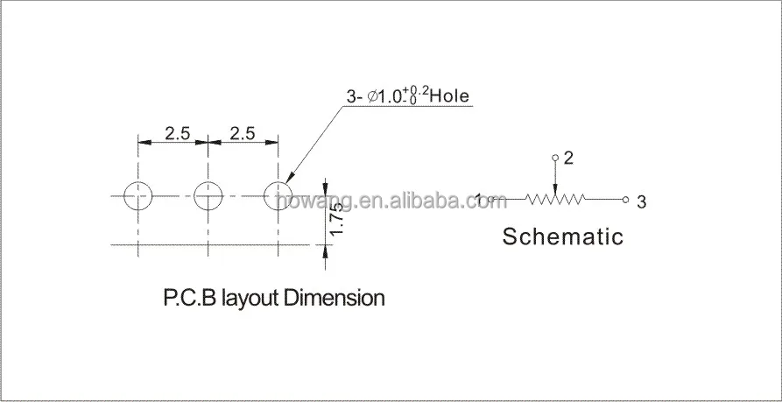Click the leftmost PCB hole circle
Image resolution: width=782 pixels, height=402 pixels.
[137, 196]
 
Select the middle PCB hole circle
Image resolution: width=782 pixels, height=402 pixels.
[208, 196]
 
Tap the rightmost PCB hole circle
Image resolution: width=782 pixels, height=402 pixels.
[278, 196]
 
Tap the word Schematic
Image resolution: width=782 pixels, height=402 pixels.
[562, 236]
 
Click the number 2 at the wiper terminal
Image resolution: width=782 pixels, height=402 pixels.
[568, 159]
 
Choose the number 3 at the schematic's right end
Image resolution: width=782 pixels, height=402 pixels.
[642, 202]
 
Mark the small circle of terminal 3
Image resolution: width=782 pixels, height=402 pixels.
[625, 200]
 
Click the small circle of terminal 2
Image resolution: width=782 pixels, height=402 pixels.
[554, 159]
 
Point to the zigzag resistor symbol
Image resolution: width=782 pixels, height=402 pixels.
[555, 200]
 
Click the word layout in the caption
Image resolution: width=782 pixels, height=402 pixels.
[250, 298]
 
